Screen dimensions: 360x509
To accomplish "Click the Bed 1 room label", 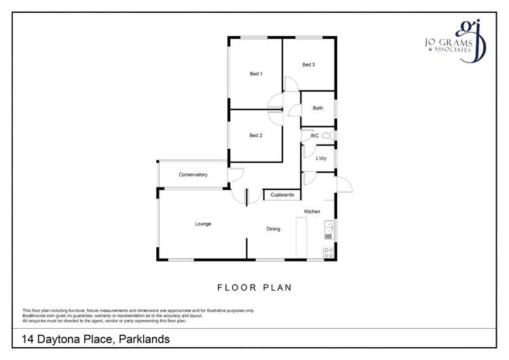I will coord(256,74).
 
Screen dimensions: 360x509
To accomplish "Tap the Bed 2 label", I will coord(256,135).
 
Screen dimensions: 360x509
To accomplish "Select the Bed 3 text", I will coord(309,65).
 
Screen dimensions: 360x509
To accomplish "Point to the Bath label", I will coord(318,108).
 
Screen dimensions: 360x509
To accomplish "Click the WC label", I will coord(314,136).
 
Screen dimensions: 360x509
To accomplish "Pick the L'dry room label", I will coord(321,158).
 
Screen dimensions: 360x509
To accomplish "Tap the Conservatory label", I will coord(193,175).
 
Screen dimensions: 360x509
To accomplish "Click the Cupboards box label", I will coord(282,195).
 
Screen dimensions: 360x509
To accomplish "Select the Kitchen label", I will coord(312,211).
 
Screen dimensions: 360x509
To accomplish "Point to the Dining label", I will coord(273,229).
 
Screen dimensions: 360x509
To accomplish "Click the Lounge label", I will coord(203,223).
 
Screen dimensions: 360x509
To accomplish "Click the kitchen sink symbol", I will coord(328,230).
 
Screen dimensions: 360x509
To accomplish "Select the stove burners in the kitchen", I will coord(328,252).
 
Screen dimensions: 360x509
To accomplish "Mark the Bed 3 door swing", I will coord(290,84).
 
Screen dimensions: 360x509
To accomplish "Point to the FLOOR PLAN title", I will coord(254,287).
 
